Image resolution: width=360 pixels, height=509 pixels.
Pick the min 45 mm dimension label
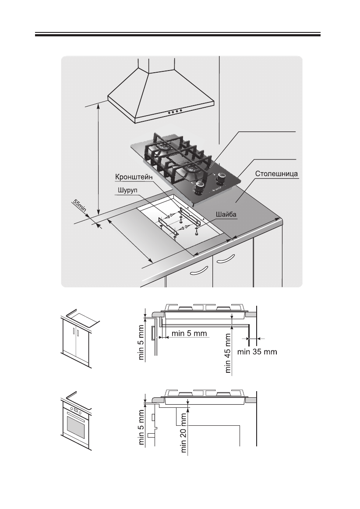pyautogui.click(x=228, y=352)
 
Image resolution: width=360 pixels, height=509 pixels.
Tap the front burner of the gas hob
pyautogui.click(x=192, y=169)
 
